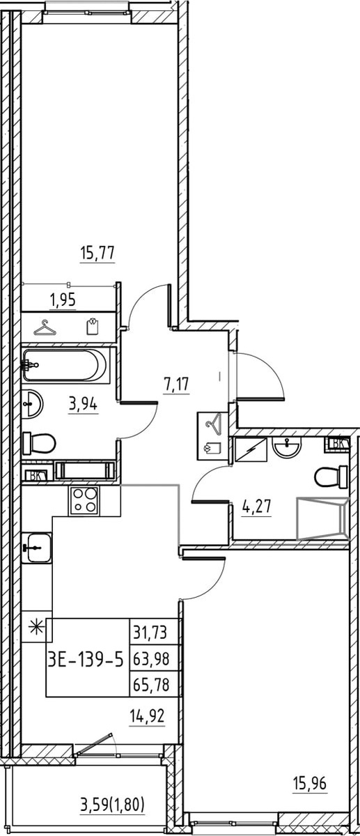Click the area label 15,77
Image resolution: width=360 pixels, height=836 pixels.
97,254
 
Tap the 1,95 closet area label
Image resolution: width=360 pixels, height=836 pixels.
63,300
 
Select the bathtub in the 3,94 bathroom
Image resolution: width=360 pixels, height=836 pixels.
66,365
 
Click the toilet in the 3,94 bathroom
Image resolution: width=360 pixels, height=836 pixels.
39,443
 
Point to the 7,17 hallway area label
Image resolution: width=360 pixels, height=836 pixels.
177,384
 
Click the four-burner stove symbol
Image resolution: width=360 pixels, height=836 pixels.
84,501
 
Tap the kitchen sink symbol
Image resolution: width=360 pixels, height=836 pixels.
37,547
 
